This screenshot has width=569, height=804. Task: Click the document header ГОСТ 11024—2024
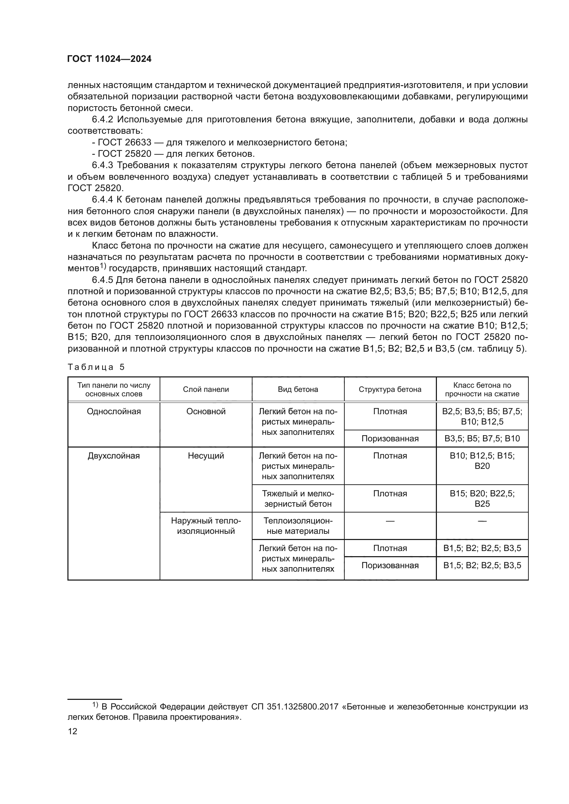pyautogui.click(x=109, y=59)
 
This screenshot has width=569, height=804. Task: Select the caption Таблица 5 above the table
pyautogui.click(x=96, y=367)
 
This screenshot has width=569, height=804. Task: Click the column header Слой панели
pyautogui.click(x=206, y=389)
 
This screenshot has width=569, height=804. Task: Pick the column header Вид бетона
pyautogui.click(x=298, y=389)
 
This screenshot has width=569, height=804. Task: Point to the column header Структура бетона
pyautogui.click(x=390, y=389)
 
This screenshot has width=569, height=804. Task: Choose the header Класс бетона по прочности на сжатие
pyautogui.click(x=482, y=389)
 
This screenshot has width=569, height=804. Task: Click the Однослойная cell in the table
pyautogui.click(x=114, y=411)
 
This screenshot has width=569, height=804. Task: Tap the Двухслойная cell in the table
pyautogui.click(x=114, y=456)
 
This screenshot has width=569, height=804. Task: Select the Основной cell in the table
pyautogui.click(x=206, y=411)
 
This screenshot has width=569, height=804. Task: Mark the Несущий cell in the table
pyautogui.click(x=206, y=456)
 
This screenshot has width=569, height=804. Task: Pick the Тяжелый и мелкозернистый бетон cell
pyautogui.click(x=298, y=499)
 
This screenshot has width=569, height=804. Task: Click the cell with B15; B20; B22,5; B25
pyautogui.click(x=482, y=499)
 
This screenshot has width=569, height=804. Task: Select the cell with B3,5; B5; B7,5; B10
pyautogui.click(x=482, y=438)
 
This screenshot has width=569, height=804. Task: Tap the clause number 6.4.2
pyautogui.click(x=102, y=120)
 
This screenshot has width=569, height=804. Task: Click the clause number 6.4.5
pyautogui.click(x=102, y=280)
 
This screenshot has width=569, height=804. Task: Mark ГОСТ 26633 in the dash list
pyautogui.click(x=125, y=143)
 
